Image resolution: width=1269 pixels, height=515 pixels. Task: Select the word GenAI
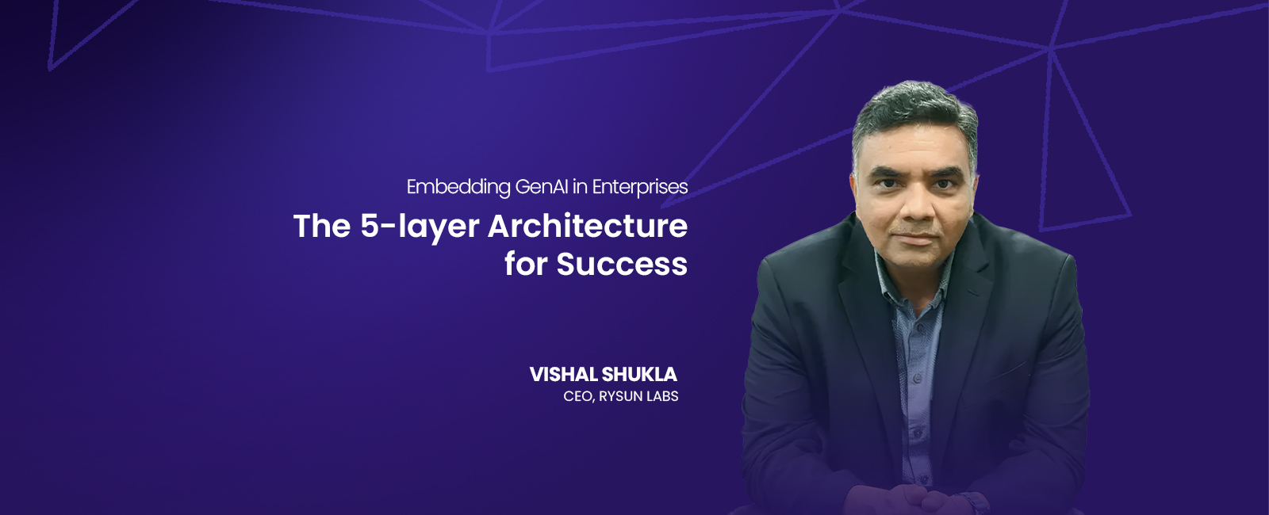point(542,187)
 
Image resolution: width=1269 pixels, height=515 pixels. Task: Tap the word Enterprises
point(640,187)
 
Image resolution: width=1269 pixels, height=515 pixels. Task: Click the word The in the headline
point(322,226)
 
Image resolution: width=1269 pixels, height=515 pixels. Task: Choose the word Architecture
point(588,226)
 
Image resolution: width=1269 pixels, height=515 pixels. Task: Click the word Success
point(622,264)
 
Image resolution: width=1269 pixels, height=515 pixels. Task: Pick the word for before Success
point(526,264)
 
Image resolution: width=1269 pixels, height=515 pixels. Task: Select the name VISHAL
point(564,374)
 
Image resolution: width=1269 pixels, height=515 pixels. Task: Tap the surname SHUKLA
point(639,374)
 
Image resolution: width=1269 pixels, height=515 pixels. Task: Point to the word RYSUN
point(620,396)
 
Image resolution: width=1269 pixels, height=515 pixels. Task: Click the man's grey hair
point(912,107)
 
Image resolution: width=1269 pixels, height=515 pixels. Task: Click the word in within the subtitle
point(580,187)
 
